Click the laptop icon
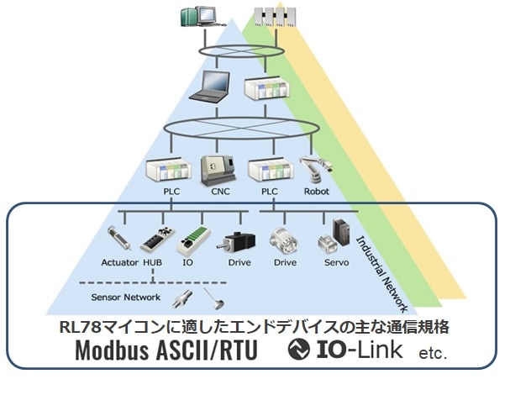pos(208,89)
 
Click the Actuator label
pos(117,261)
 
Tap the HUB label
pos(152,261)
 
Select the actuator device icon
pos(118,236)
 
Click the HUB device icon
pos(154,238)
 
